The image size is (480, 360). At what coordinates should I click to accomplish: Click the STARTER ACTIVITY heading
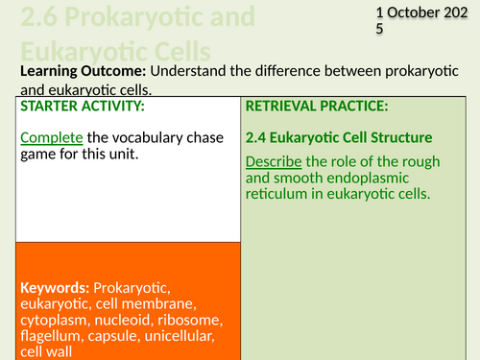(x=82, y=106)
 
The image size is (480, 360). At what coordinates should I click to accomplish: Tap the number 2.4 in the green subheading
(x=259, y=137)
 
